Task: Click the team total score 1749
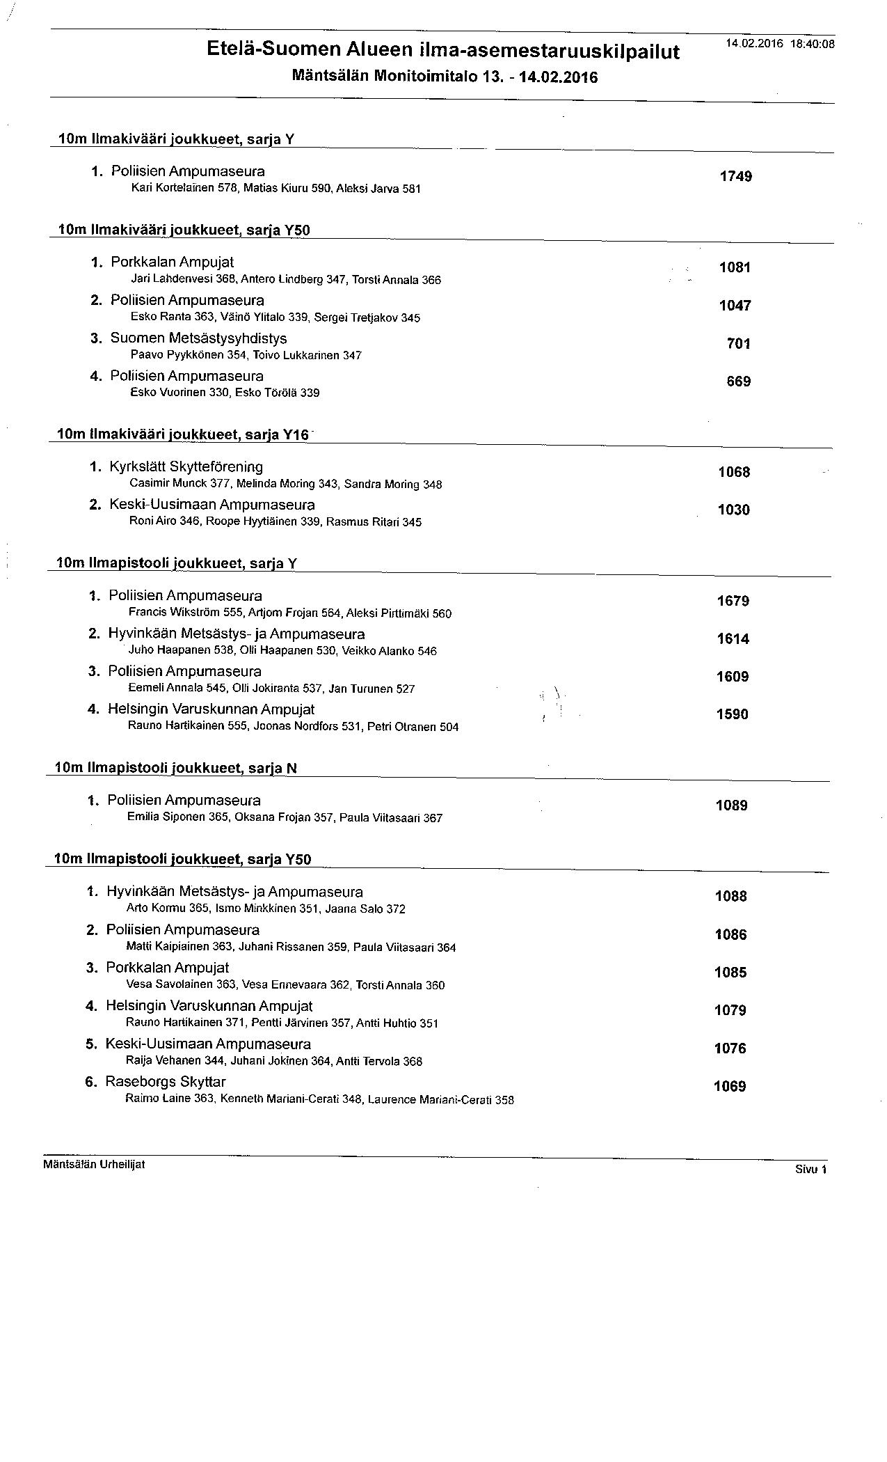point(735,177)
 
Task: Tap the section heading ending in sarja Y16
point(182,435)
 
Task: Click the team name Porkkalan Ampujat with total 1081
point(172,262)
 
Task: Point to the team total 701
point(738,344)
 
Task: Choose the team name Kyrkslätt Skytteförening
point(186,467)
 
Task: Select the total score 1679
point(733,602)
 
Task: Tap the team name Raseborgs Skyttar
point(166,1082)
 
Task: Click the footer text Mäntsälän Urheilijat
point(94,1164)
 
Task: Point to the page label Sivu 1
point(810,1170)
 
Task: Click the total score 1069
point(729,1087)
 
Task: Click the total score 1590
point(732,715)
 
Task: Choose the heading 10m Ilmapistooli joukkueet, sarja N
point(175,768)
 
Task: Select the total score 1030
point(733,510)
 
